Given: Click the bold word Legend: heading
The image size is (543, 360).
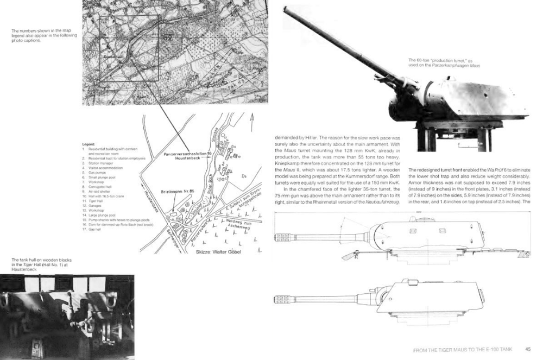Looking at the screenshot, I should [x=89, y=144].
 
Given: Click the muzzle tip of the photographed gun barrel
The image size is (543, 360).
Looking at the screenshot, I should [x=286, y=9].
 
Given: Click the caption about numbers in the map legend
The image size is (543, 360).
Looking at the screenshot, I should [x=44, y=35].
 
